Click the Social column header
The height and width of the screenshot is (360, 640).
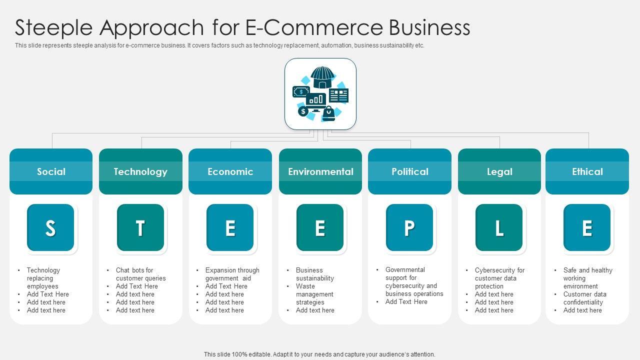51,171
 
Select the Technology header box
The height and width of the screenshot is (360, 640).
140,171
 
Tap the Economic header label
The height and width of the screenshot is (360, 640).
230,171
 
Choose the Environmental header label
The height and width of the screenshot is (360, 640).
320,171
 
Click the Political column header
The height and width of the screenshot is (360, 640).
409,171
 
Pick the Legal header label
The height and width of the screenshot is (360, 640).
499,171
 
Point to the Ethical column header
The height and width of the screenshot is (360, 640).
587,171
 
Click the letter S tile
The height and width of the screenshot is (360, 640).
50,227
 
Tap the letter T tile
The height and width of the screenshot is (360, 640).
140,227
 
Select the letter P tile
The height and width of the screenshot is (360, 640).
409,227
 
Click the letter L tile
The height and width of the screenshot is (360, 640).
499,227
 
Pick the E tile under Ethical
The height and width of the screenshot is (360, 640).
587,227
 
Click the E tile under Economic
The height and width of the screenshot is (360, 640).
230,227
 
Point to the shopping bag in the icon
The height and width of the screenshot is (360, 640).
328,113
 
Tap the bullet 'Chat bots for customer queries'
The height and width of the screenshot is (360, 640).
140,274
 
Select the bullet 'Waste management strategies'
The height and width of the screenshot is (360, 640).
314,294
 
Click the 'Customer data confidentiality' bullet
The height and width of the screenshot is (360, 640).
584,298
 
